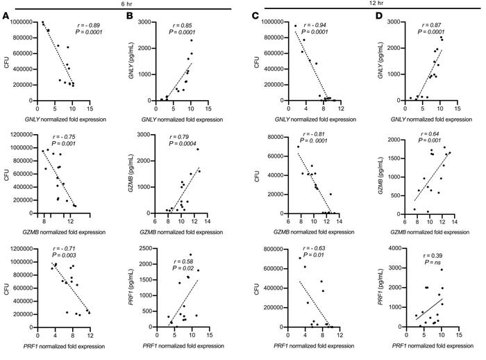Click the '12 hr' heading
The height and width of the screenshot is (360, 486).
point(364,4)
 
